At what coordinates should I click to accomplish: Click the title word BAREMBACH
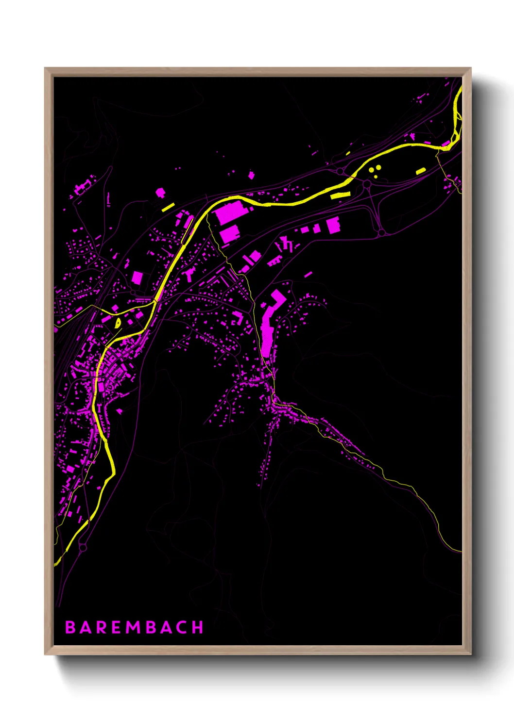tap(134, 627)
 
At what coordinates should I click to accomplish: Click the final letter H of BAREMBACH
tap(197, 627)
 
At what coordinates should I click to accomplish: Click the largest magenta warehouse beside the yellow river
tap(231, 212)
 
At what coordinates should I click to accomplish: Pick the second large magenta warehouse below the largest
tap(230, 233)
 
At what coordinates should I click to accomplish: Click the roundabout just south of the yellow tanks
tap(367, 184)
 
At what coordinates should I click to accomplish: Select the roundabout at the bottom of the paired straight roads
tap(382, 233)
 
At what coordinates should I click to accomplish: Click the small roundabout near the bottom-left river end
tap(83, 547)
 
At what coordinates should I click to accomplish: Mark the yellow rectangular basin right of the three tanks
tap(421, 171)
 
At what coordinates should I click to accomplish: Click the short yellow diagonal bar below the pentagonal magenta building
tap(168, 207)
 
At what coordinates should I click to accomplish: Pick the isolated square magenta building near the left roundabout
tap(137, 277)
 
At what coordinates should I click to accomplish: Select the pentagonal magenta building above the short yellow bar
tap(160, 193)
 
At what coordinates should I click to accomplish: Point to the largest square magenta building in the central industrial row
tap(333, 226)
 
